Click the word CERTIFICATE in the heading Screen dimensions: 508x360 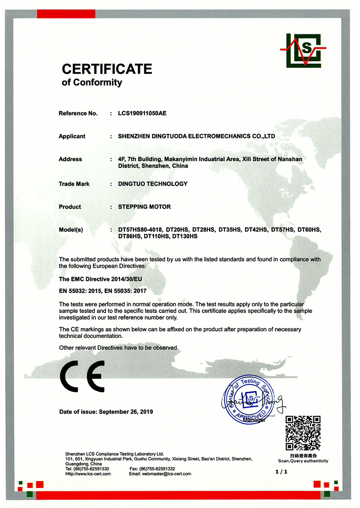107,69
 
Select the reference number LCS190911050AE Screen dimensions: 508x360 142,114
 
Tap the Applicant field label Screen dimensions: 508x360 72,136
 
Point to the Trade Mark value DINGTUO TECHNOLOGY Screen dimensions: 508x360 153,184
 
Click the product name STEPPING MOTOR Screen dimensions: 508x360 144,207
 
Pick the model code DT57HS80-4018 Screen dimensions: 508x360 140,230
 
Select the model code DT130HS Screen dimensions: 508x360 185,236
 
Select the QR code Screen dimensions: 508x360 303,433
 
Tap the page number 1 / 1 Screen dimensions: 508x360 282,472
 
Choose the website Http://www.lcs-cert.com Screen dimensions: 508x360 88,474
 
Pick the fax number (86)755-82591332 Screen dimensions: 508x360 157,469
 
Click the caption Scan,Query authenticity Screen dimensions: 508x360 303,461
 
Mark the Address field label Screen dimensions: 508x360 70,159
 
